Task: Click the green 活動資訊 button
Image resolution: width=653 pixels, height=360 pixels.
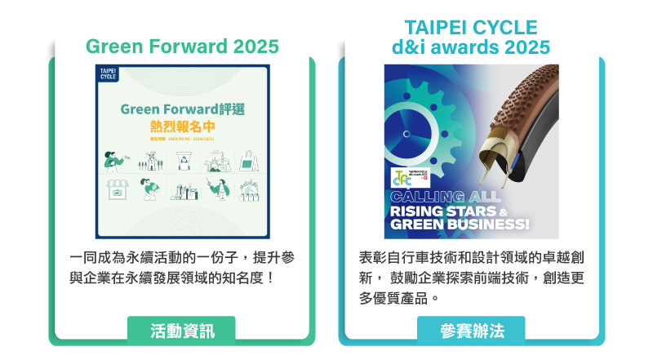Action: coord(181,331)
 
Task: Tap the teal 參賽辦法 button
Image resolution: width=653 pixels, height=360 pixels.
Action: coord(471,331)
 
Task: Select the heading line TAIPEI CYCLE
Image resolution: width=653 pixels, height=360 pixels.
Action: coord(471,26)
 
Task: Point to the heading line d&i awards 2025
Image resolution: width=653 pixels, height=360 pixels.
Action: coord(471,47)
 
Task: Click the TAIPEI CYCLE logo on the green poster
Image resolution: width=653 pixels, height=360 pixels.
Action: coord(108,75)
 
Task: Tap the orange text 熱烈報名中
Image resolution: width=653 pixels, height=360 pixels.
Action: coord(182,127)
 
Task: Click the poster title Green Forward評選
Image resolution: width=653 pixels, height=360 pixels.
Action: coord(182,109)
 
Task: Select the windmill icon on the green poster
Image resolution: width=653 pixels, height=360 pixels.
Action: coord(149,160)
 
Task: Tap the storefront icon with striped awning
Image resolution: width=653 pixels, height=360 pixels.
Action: coord(117,190)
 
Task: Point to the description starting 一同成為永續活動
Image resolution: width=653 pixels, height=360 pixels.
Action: coord(181,268)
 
